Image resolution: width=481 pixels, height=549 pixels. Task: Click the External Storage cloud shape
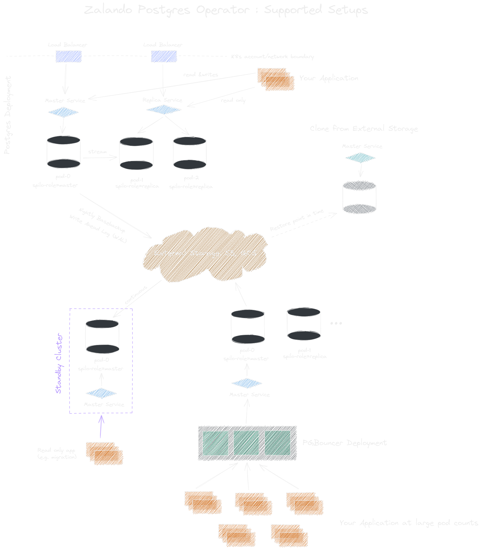click(205, 254)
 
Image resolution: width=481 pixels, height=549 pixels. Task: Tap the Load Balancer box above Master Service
click(68, 57)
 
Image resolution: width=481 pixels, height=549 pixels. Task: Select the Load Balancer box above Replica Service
click(164, 57)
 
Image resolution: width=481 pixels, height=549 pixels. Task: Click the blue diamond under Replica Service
click(164, 110)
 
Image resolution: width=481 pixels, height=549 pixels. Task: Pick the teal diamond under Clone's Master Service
click(360, 158)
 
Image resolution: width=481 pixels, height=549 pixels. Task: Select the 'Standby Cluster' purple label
click(59, 363)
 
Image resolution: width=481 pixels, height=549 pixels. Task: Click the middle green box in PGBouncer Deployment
click(246, 443)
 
